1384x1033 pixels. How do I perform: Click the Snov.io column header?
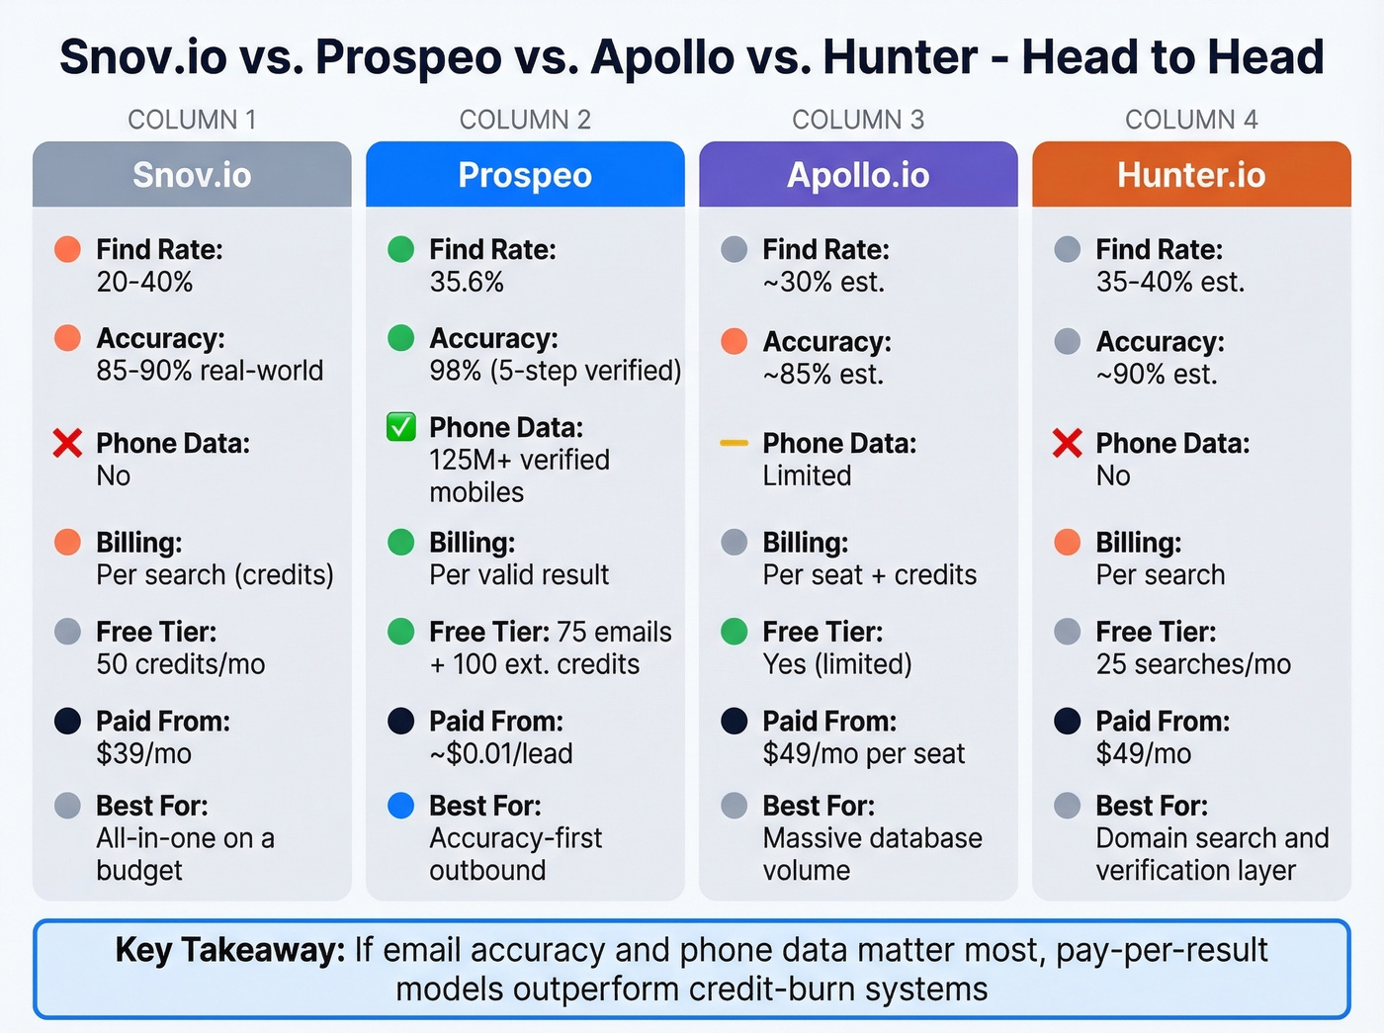click(192, 175)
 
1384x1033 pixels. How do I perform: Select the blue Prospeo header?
click(525, 175)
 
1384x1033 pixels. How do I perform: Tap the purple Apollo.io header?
click(858, 175)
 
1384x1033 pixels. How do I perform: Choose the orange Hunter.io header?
click(1191, 175)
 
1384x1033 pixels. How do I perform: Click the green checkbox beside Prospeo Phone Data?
click(400, 427)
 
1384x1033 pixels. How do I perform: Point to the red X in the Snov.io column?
click(67, 443)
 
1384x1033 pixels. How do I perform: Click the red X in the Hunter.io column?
click(1067, 443)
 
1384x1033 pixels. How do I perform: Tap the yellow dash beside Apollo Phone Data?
click(734, 443)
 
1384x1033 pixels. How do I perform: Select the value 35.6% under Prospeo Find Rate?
click(467, 283)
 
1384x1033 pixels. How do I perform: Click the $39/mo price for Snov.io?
click(144, 754)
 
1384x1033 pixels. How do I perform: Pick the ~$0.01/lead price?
click(501, 754)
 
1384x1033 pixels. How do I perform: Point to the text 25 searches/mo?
click(1193, 664)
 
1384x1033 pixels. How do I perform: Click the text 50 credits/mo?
click(181, 664)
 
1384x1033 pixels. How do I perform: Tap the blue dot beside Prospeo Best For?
click(400, 806)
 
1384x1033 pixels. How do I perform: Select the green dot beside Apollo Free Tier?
click(734, 631)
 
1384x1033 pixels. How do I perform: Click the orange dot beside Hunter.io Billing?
click(1067, 542)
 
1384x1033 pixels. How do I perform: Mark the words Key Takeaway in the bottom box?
click(229, 950)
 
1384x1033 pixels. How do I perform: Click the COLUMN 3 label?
click(858, 120)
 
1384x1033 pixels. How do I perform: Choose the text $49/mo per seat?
click(864, 754)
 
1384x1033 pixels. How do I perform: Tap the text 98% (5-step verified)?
click(556, 371)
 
